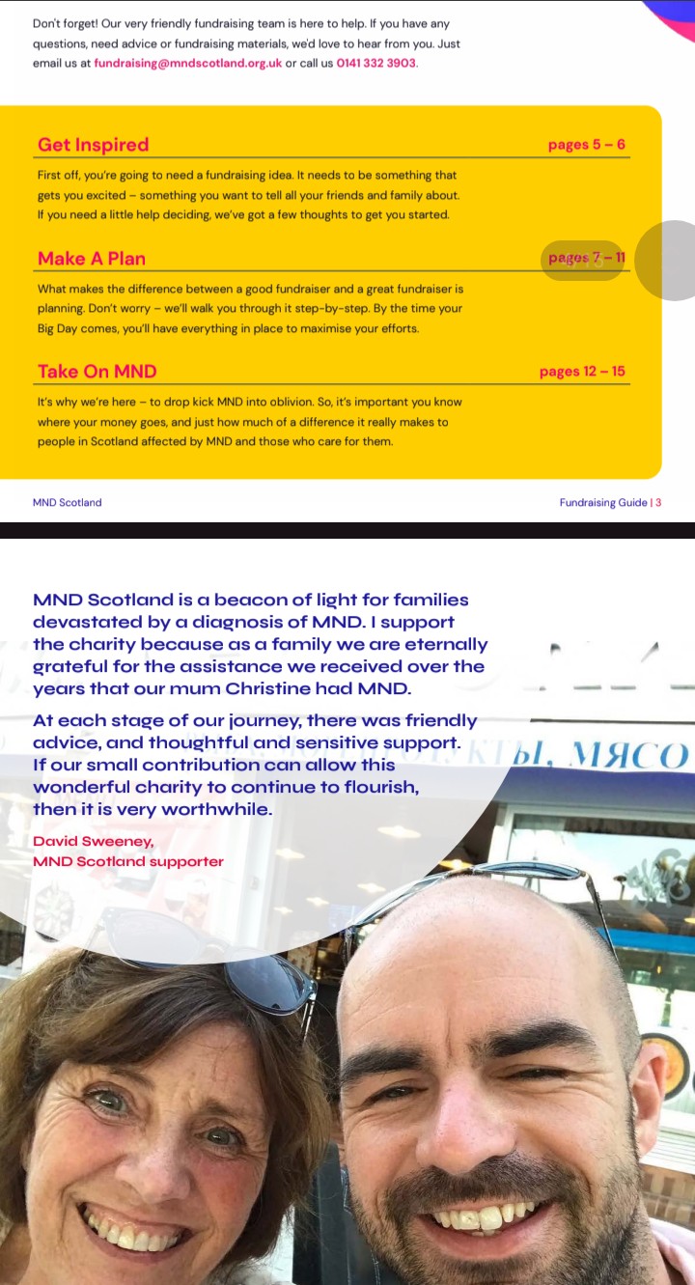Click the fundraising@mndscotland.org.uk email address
(x=187, y=64)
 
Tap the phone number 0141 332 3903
(x=375, y=64)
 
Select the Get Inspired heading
(x=93, y=145)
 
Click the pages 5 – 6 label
(x=586, y=145)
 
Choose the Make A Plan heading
(x=92, y=259)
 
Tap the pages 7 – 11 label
(x=586, y=258)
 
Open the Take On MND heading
(x=97, y=372)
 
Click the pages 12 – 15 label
(x=582, y=372)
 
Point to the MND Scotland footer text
(x=67, y=502)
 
